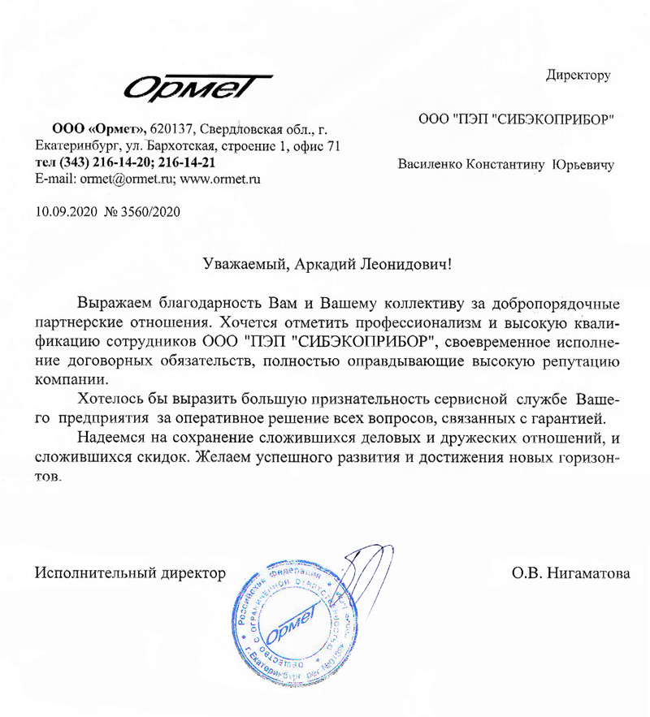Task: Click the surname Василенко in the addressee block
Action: pyautogui.click(x=429, y=163)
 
